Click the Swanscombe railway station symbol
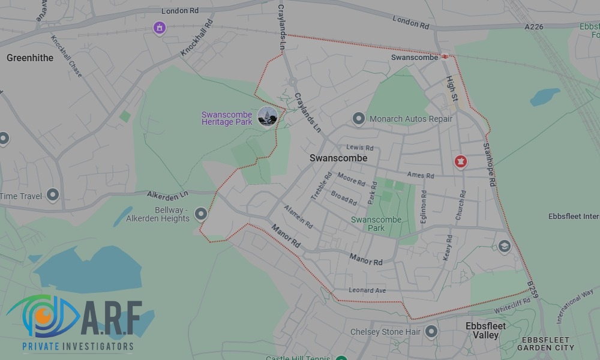(x=445, y=57)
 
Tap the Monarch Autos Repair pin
(x=359, y=118)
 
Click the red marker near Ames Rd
(x=460, y=161)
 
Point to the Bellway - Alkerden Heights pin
(x=200, y=213)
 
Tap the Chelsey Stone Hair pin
(x=431, y=331)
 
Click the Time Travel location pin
(x=53, y=194)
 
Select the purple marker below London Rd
(x=159, y=27)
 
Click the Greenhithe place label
(x=30, y=58)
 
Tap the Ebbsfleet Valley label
(x=485, y=331)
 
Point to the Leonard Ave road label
(x=367, y=290)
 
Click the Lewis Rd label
(x=360, y=148)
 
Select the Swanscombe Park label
(x=376, y=224)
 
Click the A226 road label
(x=535, y=26)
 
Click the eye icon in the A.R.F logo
(x=42, y=316)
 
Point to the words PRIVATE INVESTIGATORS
(x=78, y=347)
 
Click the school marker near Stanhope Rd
(x=504, y=245)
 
